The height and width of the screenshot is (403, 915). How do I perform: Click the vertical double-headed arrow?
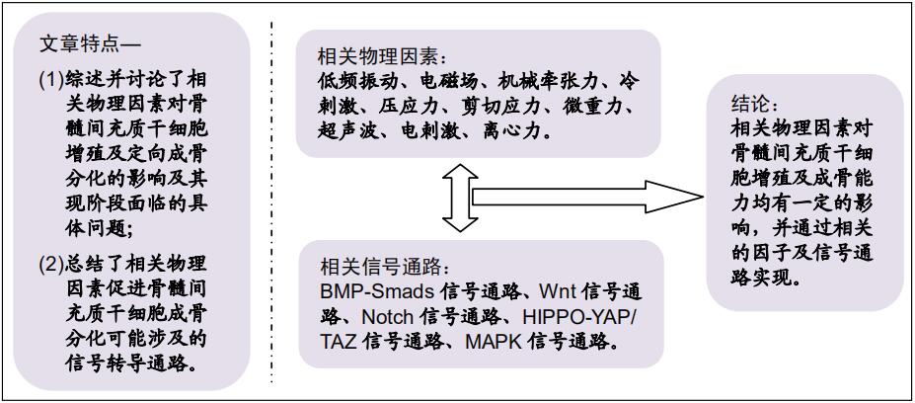460,198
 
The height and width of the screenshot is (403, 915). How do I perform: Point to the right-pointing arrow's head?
674,198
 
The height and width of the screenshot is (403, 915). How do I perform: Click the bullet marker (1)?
50,79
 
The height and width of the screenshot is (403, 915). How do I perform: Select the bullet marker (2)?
50,265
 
